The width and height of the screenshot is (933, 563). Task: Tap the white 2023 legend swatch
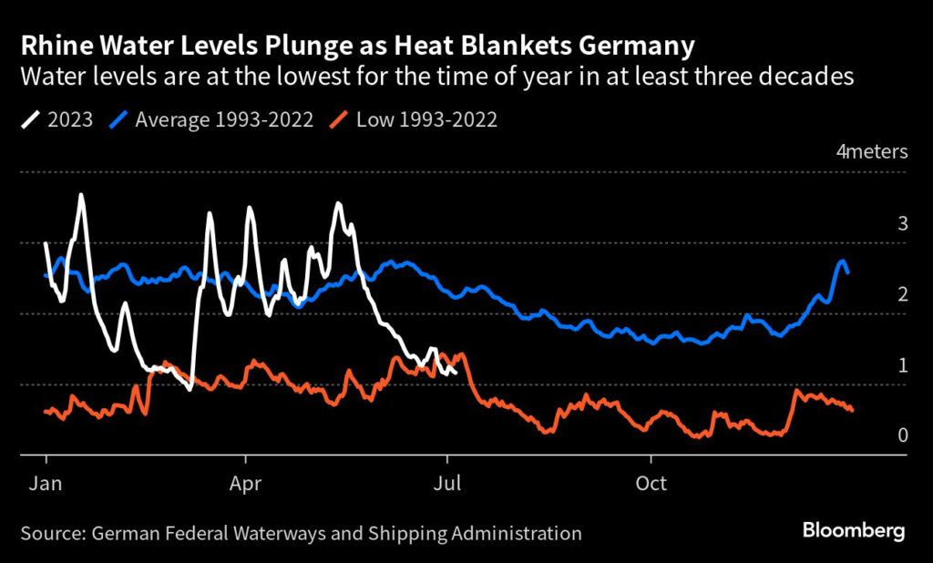(x=35, y=119)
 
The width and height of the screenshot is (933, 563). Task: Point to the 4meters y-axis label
(x=872, y=151)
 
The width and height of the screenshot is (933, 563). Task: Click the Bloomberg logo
(x=853, y=530)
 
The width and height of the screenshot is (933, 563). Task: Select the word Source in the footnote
(x=49, y=533)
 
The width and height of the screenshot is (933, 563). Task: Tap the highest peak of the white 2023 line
(x=81, y=195)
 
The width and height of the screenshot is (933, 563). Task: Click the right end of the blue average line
(x=849, y=272)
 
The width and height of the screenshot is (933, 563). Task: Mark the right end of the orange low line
(x=852, y=411)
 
